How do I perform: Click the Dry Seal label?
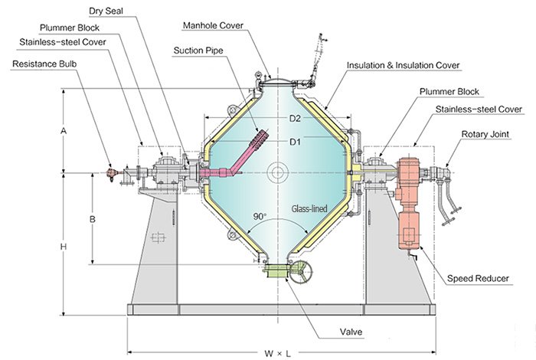point(106,11)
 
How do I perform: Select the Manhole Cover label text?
point(213,25)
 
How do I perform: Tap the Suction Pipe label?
point(198,51)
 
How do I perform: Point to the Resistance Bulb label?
point(44,64)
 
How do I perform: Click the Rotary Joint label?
point(485,134)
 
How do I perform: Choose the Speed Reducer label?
point(478,279)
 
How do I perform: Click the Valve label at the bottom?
point(351,332)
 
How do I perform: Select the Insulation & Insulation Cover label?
point(403,65)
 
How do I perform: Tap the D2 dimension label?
point(295,119)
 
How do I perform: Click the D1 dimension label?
point(295,142)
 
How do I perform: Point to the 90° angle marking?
point(260,217)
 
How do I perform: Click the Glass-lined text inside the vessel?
point(309,208)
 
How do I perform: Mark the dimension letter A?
point(64,131)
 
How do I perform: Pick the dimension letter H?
point(64,247)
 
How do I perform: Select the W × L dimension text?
point(277,354)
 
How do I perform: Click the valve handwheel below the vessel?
point(301,273)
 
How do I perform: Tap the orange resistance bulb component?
point(110,172)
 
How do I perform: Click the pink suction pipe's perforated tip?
point(260,138)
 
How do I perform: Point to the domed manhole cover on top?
point(277,81)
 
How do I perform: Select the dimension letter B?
point(93,219)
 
